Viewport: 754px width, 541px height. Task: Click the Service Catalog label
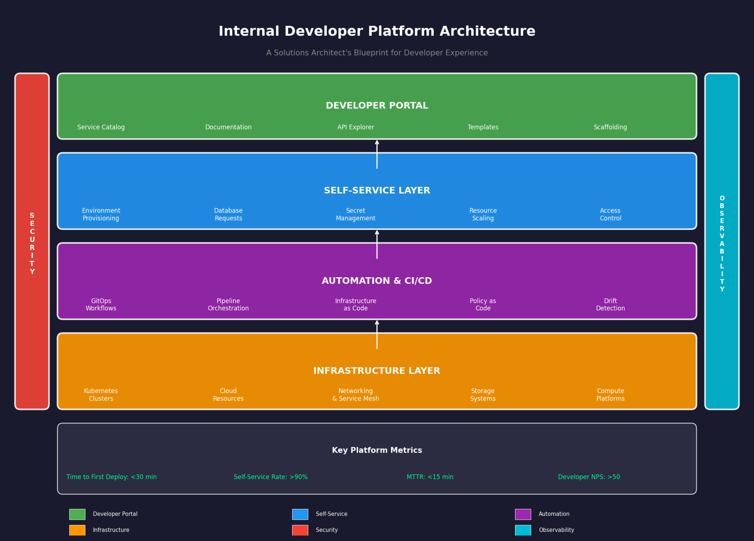point(101,127)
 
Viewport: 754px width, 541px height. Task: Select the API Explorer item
point(356,127)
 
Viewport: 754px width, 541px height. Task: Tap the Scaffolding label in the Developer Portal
point(610,127)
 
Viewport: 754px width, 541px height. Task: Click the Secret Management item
point(356,214)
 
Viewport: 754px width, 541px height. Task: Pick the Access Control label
point(610,214)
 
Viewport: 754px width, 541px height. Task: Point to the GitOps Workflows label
point(101,305)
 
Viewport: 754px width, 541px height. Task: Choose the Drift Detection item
point(610,305)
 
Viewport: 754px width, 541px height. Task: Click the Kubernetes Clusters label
point(101,395)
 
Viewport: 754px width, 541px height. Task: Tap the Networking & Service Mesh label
point(356,395)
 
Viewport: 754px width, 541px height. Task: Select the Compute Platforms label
point(610,395)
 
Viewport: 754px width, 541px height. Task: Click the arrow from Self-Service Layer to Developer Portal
point(377,154)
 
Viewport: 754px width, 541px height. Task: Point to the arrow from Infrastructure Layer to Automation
point(377,335)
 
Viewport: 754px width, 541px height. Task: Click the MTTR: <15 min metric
point(430,477)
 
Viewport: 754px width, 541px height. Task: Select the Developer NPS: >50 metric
point(589,477)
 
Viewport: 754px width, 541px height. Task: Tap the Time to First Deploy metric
point(112,477)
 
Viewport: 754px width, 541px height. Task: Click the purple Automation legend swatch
point(523,514)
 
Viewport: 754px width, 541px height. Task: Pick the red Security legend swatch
point(300,530)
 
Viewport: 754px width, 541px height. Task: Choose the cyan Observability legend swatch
point(523,530)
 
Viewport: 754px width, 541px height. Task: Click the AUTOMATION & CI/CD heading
point(377,281)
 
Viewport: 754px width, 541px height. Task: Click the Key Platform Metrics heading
point(377,450)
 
